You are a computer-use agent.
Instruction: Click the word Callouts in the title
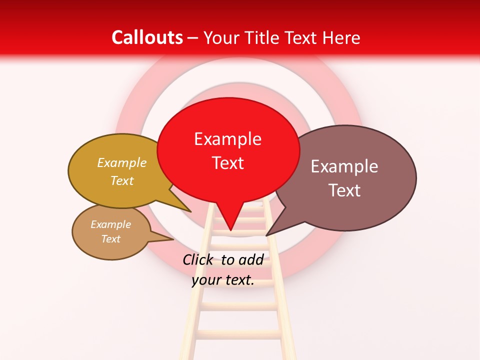pos(147,37)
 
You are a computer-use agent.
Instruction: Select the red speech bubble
pos(228,150)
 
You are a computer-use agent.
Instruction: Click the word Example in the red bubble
pos(228,139)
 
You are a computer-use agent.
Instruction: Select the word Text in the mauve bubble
pos(344,190)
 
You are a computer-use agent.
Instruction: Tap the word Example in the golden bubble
pos(122,163)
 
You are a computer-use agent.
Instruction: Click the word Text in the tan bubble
pos(111,239)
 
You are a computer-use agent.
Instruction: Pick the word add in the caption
pos(251,259)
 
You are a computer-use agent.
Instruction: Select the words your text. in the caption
pos(223,280)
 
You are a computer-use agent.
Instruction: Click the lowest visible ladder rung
pos(239,333)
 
